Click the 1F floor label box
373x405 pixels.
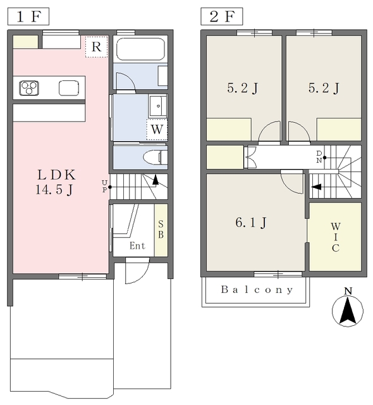pos(28,16)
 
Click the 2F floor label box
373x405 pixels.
pos(222,16)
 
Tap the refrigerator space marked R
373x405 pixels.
pos(96,46)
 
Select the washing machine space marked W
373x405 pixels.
pos(157,129)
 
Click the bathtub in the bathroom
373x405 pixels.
pos(140,49)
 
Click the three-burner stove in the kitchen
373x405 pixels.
pos(29,88)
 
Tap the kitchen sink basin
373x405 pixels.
pos(69,88)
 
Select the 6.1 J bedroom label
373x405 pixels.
pos(251,222)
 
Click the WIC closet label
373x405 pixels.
pos(335,237)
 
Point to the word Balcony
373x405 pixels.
pos(257,290)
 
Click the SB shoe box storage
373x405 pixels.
pos(161,230)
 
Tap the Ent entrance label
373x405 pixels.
pos(137,246)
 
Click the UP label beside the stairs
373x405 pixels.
pos(104,187)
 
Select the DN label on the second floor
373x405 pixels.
pos(319,157)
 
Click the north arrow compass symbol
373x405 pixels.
pos(348,310)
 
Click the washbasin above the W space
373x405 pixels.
pos(157,106)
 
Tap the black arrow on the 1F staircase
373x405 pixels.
pos(156,180)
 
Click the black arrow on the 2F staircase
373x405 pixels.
pos(316,187)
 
